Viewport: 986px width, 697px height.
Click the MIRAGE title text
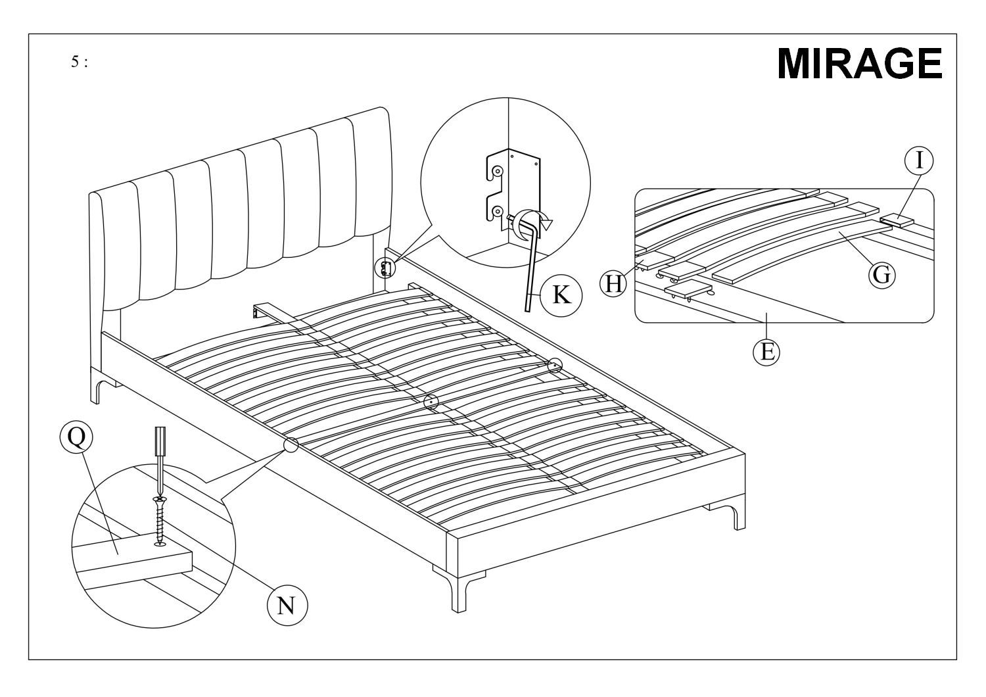point(859,64)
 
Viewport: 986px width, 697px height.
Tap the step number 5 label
point(78,62)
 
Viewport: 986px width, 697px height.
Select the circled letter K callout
point(561,295)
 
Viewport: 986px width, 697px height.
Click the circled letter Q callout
point(76,438)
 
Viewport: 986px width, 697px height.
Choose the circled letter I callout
point(918,160)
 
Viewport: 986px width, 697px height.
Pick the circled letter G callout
point(881,274)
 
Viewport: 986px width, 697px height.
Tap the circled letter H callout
point(614,283)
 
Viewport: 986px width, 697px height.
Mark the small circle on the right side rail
point(555,365)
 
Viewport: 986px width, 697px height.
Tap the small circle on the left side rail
point(291,445)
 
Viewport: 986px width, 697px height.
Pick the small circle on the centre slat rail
point(431,402)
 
